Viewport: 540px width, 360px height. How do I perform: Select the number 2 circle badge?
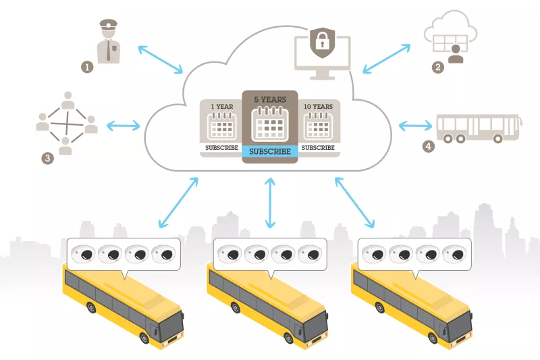pyautogui.click(x=438, y=67)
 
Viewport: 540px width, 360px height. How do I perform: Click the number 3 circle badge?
pyautogui.click(x=47, y=158)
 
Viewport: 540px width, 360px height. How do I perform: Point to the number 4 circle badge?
pyautogui.click(x=427, y=146)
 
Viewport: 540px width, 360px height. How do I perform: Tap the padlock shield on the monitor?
pyautogui.click(x=321, y=43)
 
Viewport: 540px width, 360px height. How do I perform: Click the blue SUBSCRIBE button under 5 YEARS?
pyautogui.click(x=270, y=151)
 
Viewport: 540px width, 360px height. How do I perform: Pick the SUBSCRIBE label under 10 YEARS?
pyautogui.click(x=318, y=147)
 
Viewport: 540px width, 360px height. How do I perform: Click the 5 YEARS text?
pyautogui.click(x=270, y=99)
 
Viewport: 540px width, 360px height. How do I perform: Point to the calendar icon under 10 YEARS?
pyautogui.click(x=318, y=126)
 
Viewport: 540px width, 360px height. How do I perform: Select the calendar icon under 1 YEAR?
pyautogui.click(x=221, y=126)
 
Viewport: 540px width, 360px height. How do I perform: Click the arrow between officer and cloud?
pyautogui.click(x=160, y=59)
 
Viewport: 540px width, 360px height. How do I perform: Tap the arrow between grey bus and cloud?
pyautogui.click(x=416, y=125)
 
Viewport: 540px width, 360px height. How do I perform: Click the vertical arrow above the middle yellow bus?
pyautogui.click(x=270, y=203)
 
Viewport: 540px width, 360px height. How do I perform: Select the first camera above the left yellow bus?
pyautogui.click(x=85, y=255)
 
